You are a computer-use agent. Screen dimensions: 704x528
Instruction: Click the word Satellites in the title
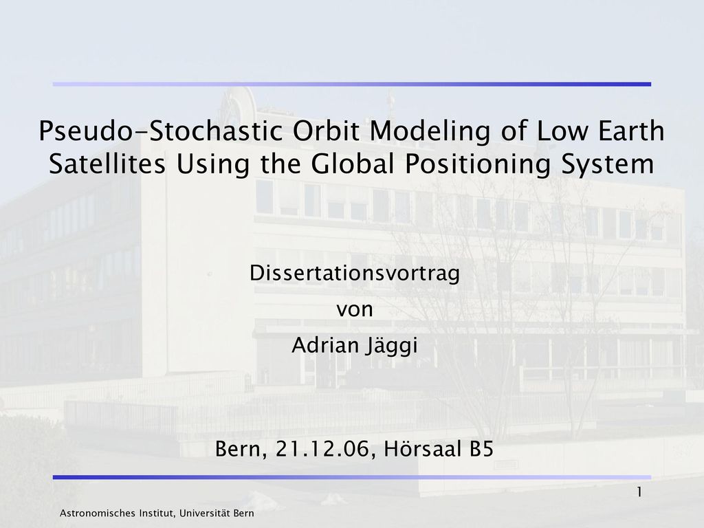(x=107, y=164)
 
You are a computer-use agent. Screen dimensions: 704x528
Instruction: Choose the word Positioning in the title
(x=478, y=165)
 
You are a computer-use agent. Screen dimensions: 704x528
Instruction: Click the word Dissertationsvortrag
(x=355, y=274)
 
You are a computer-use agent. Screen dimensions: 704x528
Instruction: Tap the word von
(x=355, y=310)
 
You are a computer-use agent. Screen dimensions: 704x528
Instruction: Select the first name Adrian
(x=325, y=345)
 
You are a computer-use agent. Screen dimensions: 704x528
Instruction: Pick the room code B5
(x=482, y=449)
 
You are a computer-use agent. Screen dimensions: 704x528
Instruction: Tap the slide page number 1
(x=639, y=492)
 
